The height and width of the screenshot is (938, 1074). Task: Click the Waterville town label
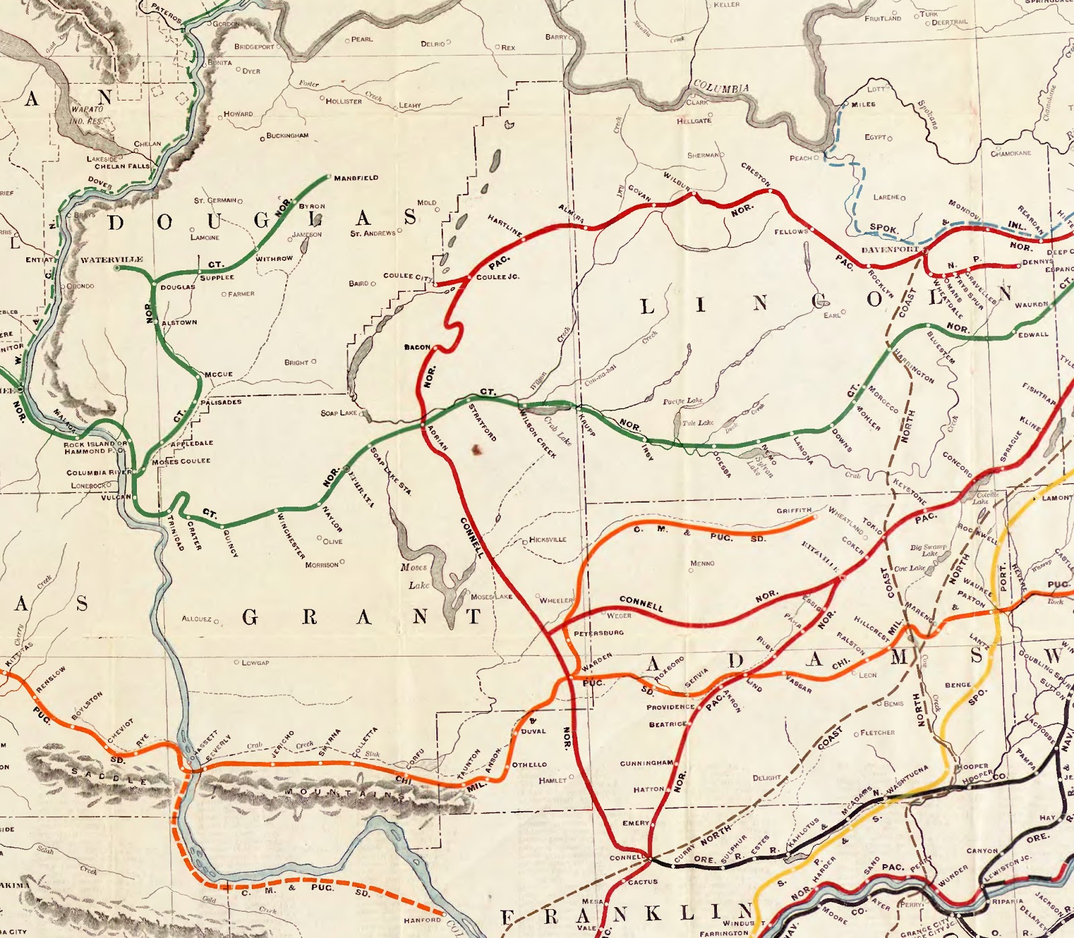(x=111, y=260)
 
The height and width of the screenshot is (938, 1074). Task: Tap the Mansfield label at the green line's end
(x=356, y=178)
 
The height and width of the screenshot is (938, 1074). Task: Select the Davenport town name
(x=889, y=250)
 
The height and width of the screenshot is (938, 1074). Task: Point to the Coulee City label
(x=407, y=276)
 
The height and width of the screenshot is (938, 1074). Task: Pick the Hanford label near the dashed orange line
(x=422, y=920)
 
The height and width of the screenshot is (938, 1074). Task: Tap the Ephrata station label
(x=361, y=488)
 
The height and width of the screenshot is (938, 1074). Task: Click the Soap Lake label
(x=339, y=413)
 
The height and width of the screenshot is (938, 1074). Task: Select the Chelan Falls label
(x=122, y=166)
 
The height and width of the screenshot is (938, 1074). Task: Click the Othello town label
(x=530, y=765)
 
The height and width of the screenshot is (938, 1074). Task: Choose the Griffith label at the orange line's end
(x=793, y=511)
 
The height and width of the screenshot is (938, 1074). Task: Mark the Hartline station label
(x=505, y=225)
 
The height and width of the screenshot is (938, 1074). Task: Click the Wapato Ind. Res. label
(x=87, y=115)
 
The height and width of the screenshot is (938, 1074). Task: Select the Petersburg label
(x=598, y=633)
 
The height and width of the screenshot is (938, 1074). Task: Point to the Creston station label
(x=756, y=174)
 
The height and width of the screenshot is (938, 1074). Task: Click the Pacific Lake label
(x=683, y=401)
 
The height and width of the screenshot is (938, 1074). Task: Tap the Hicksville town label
(x=548, y=539)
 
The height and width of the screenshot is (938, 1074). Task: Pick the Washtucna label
(x=908, y=780)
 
